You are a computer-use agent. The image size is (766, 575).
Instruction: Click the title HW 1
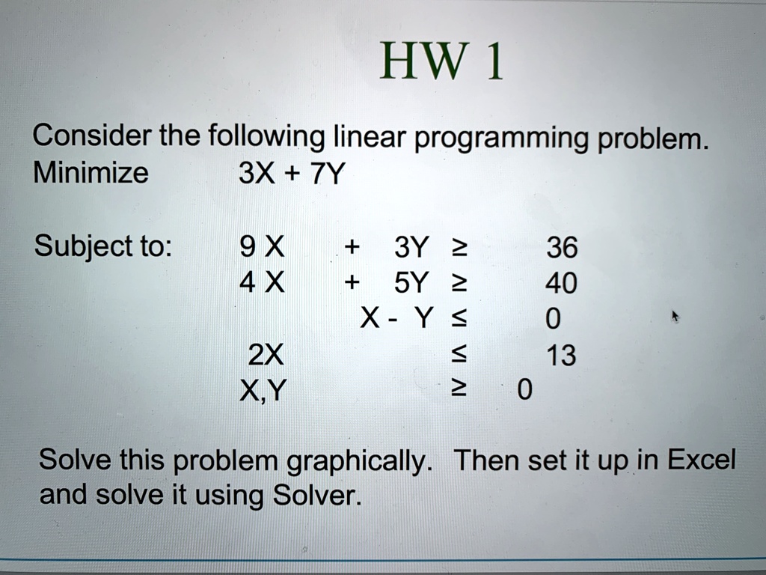tap(441, 61)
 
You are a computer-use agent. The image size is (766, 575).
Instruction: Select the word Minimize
tap(91, 173)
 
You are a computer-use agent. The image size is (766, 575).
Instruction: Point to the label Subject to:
tap(103, 246)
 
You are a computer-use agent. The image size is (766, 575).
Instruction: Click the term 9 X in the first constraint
tap(263, 247)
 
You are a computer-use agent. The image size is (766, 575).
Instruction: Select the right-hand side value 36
tap(562, 247)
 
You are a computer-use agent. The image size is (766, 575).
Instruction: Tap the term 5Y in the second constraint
tap(411, 283)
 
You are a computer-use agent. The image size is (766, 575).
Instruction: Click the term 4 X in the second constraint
tap(262, 282)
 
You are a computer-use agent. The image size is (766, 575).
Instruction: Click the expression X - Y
tap(396, 318)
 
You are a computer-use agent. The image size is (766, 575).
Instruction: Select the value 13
tap(561, 356)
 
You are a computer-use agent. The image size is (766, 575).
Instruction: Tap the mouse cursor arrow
tap(675, 316)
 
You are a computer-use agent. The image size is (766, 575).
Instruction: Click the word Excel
tap(701, 460)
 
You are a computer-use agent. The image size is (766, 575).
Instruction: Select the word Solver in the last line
tap(317, 495)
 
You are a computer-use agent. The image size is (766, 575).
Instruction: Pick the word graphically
tap(359, 461)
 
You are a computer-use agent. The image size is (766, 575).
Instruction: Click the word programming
tap(501, 139)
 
